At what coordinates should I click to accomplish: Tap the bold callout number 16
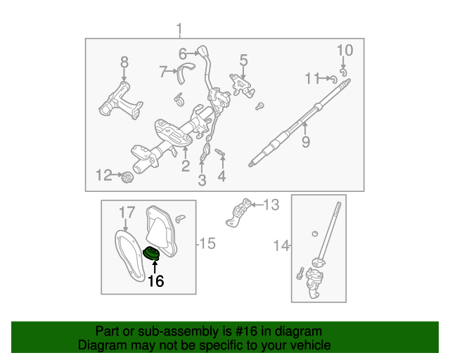[x=155, y=281]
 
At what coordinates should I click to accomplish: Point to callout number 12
[x=103, y=175]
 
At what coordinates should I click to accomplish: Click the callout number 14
[x=281, y=245]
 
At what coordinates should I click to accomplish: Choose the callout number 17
[x=126, y=212]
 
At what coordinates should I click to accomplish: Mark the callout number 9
[x=306, y=143]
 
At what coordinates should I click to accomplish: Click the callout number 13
[x=271, y=205]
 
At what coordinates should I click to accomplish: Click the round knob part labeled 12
[x=127, y=178]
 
